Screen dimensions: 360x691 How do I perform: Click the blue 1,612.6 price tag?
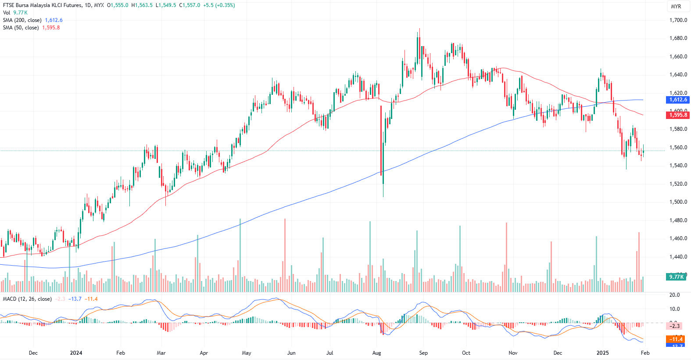678,100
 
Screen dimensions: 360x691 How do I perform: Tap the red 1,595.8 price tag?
678,115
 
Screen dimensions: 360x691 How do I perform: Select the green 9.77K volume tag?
676,277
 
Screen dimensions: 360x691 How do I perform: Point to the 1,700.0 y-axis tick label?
678,20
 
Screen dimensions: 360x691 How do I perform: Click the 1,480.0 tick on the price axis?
678,220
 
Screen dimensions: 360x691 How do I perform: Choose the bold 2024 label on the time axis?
76,353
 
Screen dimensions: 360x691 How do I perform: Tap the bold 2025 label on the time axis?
602,353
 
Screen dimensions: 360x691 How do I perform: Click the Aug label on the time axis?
376,353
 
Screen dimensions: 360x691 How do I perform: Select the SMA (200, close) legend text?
22,20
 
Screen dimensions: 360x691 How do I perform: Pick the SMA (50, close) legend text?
21,28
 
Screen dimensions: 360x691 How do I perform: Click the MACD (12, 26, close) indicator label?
27,299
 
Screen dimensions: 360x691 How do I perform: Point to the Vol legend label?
7,13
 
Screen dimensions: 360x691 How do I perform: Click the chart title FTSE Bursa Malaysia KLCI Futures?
42,5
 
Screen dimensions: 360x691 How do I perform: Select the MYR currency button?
676,7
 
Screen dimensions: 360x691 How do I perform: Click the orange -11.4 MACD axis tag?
676,339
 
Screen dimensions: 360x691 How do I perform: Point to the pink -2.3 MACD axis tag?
674,326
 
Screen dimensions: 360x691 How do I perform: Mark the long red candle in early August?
381,140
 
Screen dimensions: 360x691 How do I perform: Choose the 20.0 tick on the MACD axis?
674,295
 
